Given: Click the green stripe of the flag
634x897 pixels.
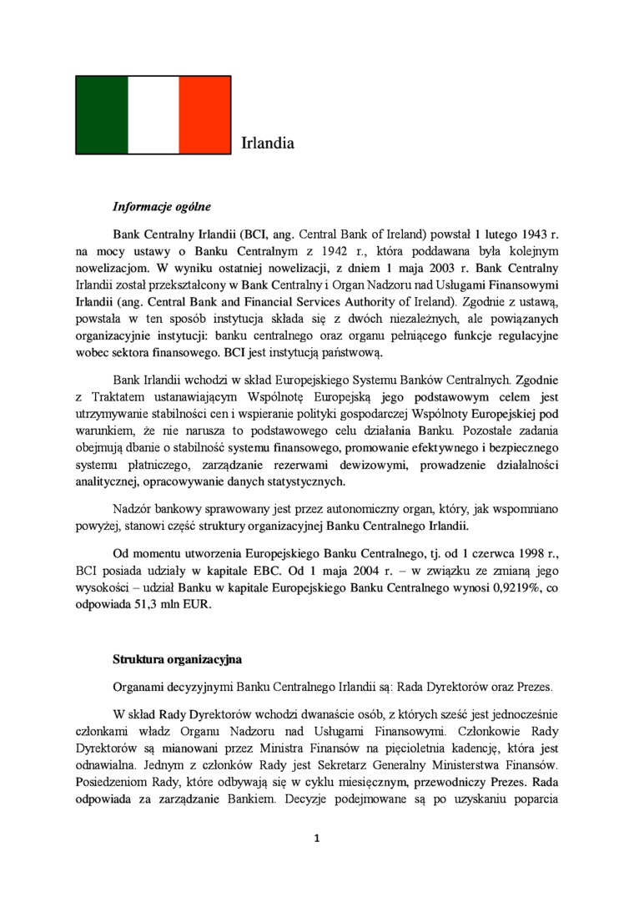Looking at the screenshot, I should (102, 113).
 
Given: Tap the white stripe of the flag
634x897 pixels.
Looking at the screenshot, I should (153, 113).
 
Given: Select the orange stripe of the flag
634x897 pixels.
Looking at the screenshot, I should (204, 113).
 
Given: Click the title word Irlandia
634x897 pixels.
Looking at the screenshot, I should (267, 144).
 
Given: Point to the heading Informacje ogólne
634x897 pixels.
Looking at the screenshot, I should (162, 206).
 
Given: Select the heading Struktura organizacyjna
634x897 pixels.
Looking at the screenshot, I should (177, 660).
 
